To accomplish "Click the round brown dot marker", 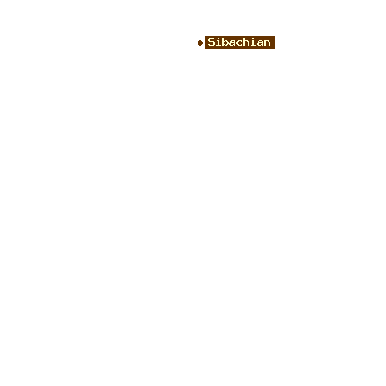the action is click(200, 42).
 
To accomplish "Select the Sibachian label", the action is click(239, 42).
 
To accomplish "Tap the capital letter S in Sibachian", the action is click(212, 42).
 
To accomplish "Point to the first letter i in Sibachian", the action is click(218, 42).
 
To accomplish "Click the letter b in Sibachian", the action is click(225, 42).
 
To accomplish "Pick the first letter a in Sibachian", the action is click(232, 43).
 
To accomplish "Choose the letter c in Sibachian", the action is click(239, 43).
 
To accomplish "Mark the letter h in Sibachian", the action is click(246, 42).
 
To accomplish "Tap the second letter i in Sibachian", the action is click(253, 42).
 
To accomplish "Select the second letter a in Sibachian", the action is click(260, 43).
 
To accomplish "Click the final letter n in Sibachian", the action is click(267, 43).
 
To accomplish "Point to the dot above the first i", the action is click(218, 39).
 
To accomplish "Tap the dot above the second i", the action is click(253, 39).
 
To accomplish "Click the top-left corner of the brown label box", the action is click(205, 36).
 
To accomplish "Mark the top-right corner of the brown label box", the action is click(275, 36).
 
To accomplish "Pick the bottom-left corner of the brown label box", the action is click(205, 49).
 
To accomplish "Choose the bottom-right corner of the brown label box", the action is click(275, 49).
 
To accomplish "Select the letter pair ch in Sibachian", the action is click(243, 42).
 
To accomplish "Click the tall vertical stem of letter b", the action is click(223, 42).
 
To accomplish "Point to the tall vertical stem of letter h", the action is click(244, 42).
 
